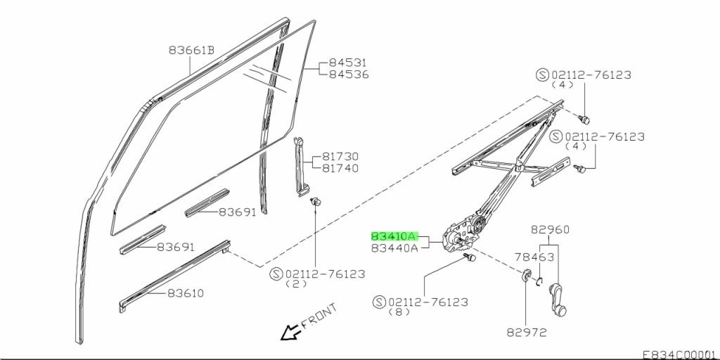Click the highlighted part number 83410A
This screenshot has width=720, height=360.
394,237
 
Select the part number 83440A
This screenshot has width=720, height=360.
394,247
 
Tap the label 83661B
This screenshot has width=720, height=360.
191,50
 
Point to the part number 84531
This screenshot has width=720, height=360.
349,63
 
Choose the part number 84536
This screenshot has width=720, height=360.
349,74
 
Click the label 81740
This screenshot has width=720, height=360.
340,168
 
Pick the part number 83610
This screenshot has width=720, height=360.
185,292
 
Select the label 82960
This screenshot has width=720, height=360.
550,229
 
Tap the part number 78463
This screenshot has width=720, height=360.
534,257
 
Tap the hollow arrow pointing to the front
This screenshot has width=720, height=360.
288,333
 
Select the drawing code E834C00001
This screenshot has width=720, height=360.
679,354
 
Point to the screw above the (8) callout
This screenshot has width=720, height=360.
470,259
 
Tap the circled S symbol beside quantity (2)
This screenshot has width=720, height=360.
276,273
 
